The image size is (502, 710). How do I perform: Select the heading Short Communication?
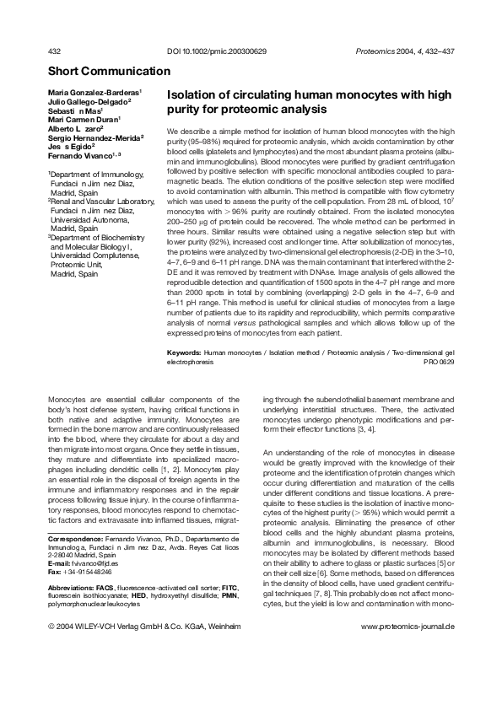[109, 72]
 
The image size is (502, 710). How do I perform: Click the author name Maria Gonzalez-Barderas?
[93, 91]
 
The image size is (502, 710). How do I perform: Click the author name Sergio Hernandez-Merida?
[94, 137]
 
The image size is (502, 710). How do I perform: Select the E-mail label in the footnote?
[61, 562]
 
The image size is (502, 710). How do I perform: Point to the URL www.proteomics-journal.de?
[408, 627]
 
